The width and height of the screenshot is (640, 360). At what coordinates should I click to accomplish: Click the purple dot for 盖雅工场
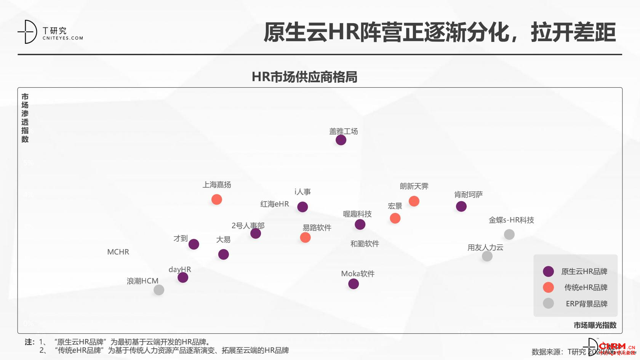(x=341, y=140)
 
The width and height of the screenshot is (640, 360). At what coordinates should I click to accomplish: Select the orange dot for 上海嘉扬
(x=217, y=200)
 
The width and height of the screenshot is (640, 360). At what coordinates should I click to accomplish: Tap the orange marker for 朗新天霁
(x=414, y=201)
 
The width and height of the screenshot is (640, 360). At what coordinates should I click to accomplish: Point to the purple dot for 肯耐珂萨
(x=461, y=206)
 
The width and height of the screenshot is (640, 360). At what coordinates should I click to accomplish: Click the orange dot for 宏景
(x=395, y=218)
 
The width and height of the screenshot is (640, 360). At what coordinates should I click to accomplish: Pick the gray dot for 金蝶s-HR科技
(x=509, y=234)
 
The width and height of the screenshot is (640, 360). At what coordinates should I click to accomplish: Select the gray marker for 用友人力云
(x=487, y=256)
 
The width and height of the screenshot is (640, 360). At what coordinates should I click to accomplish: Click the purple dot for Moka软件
(x=354, y=284)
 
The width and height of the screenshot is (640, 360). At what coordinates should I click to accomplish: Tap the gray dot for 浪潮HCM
(x=159, y=290)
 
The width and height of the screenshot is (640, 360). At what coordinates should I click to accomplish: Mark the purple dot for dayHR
(x=183, y=277)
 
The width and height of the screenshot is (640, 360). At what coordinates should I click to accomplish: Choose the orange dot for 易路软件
(x=305, y=238)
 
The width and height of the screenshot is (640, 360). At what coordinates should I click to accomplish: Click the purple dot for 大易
(x=224, y=254)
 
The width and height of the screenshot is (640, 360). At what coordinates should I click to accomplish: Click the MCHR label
(x=118, y=252)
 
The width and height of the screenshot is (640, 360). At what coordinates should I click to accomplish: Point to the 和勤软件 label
(x=365, y=244)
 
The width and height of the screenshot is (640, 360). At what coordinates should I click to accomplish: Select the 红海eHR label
(x=274, y=204)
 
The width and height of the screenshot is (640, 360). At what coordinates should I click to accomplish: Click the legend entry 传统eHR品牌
(x=586, y=288)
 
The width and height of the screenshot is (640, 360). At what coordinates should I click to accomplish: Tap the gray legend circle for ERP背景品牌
(x=548, y=303)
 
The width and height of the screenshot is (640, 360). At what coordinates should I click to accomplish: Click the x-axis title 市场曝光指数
(x=595, y=325)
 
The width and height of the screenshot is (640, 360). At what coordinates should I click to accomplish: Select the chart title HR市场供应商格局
(x=304, y=77)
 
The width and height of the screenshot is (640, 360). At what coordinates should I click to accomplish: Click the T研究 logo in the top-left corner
(x=50, y=32)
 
